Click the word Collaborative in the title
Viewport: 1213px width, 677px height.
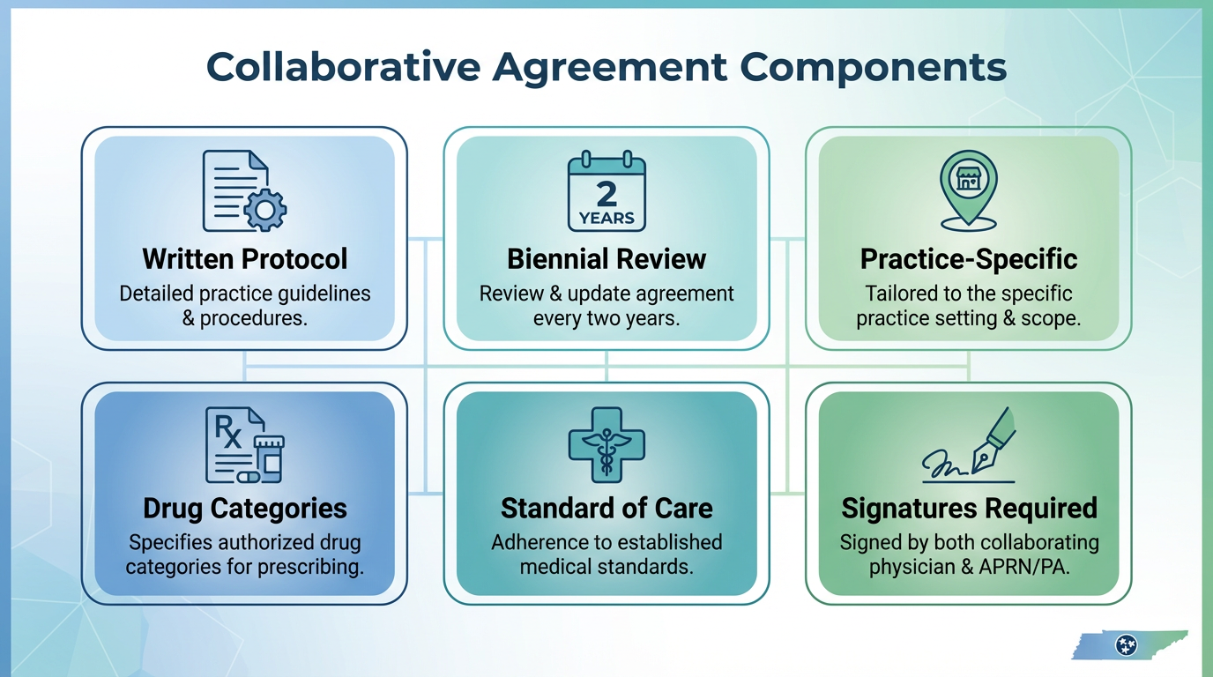tap(343, 67)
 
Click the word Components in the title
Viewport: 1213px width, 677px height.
tap(873, 68)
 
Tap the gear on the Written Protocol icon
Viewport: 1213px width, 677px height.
tap(264, 210)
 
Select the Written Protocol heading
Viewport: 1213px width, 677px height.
tap(245, 259)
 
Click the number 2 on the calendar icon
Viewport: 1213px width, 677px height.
tap(606, 194)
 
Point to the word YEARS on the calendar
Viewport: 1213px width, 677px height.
tap(606, 219)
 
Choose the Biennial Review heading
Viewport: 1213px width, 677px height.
tap(606, 259)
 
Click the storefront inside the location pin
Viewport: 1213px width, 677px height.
tap(968, 179)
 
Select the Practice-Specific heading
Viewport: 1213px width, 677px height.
tap(968, 259)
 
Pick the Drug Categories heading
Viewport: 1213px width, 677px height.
tap(245, 509)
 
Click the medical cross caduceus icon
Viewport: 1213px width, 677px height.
tap(606, 445)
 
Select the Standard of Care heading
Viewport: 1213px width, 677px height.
tap(606, 509)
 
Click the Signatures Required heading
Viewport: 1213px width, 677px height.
tap(970, 509)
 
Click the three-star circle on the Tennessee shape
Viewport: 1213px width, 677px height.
tap(1127, 645)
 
